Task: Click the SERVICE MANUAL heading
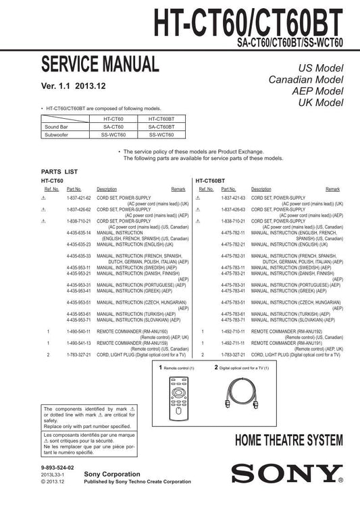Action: coord(101,65)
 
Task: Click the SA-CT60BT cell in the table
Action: coord(161,126)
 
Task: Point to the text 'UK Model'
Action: coord(321,103)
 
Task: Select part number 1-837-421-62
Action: coord(78,199)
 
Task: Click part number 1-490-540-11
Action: coord(78,332)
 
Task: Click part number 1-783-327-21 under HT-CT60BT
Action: coord(233,354)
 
